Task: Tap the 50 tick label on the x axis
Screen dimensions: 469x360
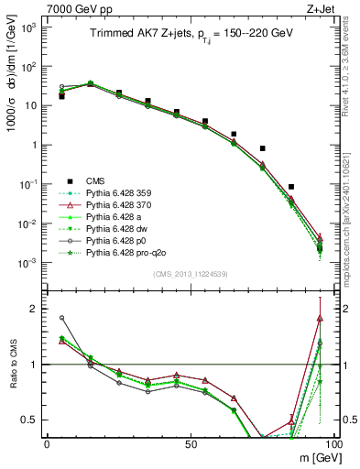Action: click(191, 443)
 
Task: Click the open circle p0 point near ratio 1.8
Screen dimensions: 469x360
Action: click(61, 318)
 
